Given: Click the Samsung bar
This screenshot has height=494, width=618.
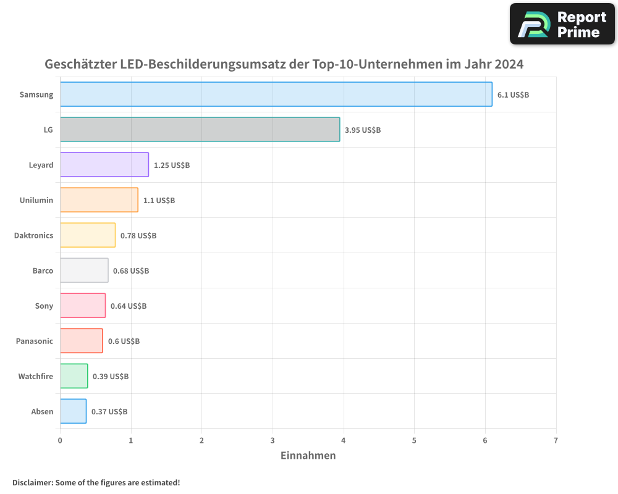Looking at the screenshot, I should (276, 94).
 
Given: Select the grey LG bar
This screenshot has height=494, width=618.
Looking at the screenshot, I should (200, 130).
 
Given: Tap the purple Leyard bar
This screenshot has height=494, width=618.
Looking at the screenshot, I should (104, 165).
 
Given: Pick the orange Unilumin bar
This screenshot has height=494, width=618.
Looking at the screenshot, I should (99, 200).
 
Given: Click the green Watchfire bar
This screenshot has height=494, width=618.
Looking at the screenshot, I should (74, 376).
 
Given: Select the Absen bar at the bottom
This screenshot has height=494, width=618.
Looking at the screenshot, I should (73, 411).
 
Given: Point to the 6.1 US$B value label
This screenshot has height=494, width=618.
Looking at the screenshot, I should (513, 94).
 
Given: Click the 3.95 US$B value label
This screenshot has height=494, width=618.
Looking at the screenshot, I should (362, 130).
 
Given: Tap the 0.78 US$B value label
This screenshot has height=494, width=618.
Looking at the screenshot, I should (138, 235).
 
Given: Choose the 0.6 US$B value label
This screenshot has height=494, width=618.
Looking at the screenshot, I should (124, 341).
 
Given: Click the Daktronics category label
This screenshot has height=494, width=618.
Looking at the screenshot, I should (33, 235).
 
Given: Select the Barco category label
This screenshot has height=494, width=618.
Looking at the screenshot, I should (43, 270).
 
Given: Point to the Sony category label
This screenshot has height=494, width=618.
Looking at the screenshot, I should (44, 306).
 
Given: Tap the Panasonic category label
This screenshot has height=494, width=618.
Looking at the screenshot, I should (35, 341).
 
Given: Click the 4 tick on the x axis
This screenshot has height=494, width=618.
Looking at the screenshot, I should (344, 440).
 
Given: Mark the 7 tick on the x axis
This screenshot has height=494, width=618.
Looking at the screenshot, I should (556, 440).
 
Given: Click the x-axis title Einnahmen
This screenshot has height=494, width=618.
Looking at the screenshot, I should (308, 456).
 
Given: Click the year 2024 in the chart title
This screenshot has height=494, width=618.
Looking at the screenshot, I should (507, 64).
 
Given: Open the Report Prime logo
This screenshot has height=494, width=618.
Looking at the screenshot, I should (562, 24).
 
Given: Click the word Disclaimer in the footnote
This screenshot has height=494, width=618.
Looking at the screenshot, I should (32, 482).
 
